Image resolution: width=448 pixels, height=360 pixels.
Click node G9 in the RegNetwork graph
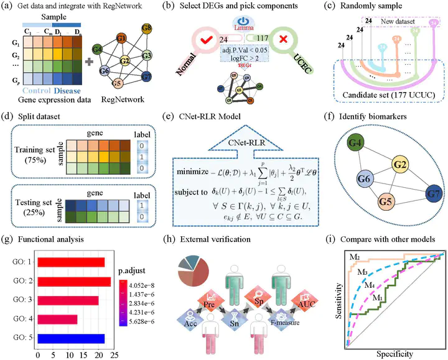tap(146, 29)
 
